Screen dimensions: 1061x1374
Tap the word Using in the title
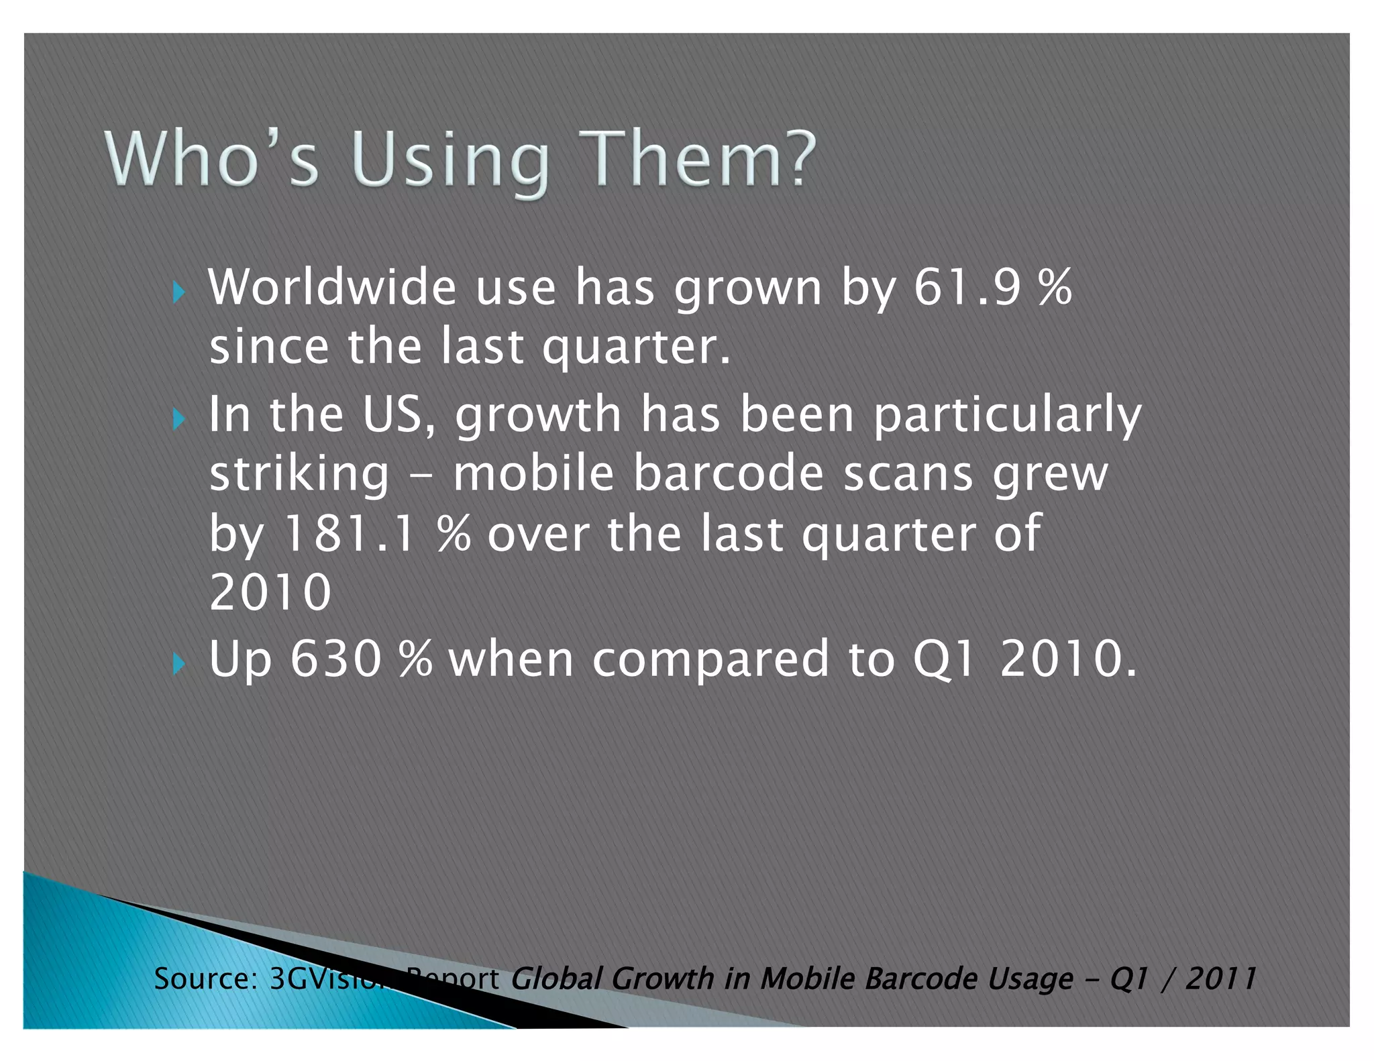coord(450,161)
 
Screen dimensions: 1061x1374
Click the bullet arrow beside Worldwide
coord(178,292)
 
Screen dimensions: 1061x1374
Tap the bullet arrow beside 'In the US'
coord(178,419)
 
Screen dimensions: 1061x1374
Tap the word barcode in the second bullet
coord(728,473)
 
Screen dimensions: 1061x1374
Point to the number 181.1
coord(349,534)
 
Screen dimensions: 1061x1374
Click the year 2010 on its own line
coord(270,592)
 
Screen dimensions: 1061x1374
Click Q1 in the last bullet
coord(943,660)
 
